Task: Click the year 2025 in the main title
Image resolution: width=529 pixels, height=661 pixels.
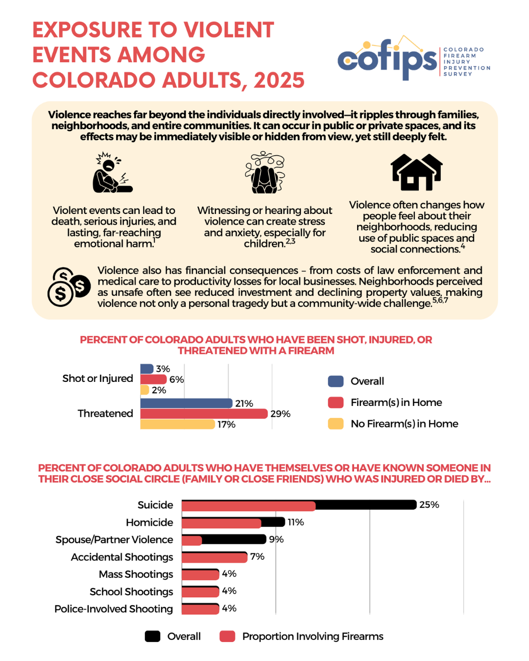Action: pyautogui.click(x=279, y=80)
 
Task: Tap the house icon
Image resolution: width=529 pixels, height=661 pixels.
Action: pyautogui.click(x=416, y=172)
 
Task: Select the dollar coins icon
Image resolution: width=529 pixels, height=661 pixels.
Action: pyautogui.click(x=69, y=287)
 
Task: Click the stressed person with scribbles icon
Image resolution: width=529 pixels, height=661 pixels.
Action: pyautogui.click(x=265, y=172)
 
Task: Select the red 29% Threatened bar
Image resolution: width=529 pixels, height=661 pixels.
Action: pyautogui.click(x=204, y=414)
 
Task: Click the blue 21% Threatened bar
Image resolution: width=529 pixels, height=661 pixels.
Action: pyautogui.click(x=186, y=403)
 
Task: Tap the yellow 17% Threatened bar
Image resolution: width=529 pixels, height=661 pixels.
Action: pyautogui.click(x=177, y=424)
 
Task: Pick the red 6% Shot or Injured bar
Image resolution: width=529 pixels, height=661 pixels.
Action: pyautogui.click(x=153, y=379)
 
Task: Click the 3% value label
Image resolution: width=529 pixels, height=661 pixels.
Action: pyautogui.click(x=163, y=369)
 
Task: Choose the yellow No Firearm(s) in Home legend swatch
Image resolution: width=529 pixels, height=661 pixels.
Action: pyautogui.click(x=336, y=424)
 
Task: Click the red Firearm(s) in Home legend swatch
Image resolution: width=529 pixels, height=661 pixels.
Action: pyautogui.click(x=336, y=402)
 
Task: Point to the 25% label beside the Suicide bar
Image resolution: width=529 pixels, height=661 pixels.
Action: pyautogui.click(x=429, y=505)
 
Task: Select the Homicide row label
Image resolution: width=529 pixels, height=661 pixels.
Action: pyautogui.click(x=149, y=522)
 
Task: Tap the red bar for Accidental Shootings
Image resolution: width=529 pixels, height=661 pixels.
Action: pyautogui.click(x=214, y=557)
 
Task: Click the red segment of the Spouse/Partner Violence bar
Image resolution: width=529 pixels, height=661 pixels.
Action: pyautogui.click(x=192, y=540)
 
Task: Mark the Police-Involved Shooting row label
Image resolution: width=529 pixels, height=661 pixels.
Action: pyautogui.click(x=114, y=609)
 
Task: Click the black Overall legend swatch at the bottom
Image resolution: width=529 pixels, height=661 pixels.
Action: pyautogui.click(x=153, y=636)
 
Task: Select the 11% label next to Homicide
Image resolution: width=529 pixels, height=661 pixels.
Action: pyautogui.click(x=295, y=522)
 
